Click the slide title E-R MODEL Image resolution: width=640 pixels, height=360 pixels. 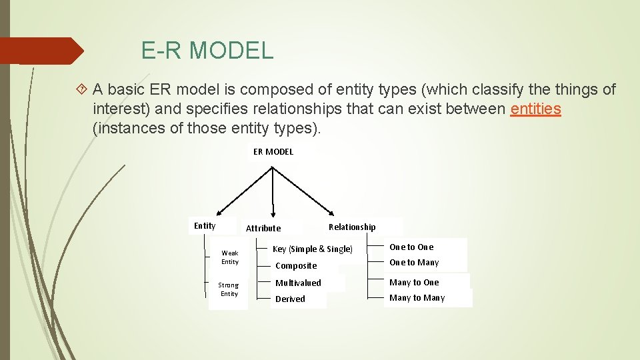pos(207,51)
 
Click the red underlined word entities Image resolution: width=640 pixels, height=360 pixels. pos(535,109)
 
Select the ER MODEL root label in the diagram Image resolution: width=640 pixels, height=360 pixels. pos(273,151)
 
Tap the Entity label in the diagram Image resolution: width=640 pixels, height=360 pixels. pos(205,226)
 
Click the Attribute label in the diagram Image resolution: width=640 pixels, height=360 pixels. pos(263,228)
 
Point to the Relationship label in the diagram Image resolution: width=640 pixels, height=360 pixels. pos(352,227)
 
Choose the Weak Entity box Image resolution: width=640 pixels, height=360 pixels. pos(229,257)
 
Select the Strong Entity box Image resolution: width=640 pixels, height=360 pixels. pos(229,289)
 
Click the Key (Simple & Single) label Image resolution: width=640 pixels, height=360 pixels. pos(312,249)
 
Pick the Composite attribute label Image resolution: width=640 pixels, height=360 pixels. pos(296,265)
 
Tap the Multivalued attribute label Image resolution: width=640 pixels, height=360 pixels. pos(298,283)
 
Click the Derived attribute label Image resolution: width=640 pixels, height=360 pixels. pos(290,299)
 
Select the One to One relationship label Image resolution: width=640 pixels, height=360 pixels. pos(411,247)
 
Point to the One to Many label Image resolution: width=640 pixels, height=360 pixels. pos(414,262)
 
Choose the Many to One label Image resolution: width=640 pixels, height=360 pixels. pos(414,282)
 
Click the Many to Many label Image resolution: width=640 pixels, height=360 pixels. pos(417,297)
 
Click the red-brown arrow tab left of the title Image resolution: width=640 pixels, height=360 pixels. pos(43,51)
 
